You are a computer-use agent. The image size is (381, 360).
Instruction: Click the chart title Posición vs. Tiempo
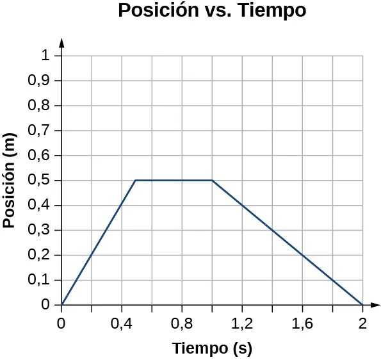click(x=212, y=12)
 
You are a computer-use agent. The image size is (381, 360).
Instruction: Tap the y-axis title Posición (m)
click(x=10, y=184)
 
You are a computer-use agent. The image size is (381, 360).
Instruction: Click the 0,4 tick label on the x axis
click(x=122, y=324)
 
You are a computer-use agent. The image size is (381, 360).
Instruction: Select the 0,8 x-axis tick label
click(x=182, y=324)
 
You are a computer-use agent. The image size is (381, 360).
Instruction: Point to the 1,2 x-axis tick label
click(x=242, y=324)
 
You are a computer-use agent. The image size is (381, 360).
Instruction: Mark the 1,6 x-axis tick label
click(x=302, y=324)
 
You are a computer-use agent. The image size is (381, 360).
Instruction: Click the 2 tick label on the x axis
click(x=362, y=324)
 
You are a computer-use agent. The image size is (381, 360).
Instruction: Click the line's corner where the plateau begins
click(x=136, y=181)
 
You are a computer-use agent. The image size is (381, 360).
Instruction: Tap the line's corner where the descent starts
click(x=212, y=181)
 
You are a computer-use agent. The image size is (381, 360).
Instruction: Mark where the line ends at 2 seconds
click(x=362, y=305)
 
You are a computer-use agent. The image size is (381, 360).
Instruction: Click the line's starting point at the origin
click(x=62, y=305)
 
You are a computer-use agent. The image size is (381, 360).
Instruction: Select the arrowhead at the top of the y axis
click(x=62, y=42)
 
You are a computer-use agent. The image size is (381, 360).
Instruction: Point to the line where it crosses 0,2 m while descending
click(x=302, y=255)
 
